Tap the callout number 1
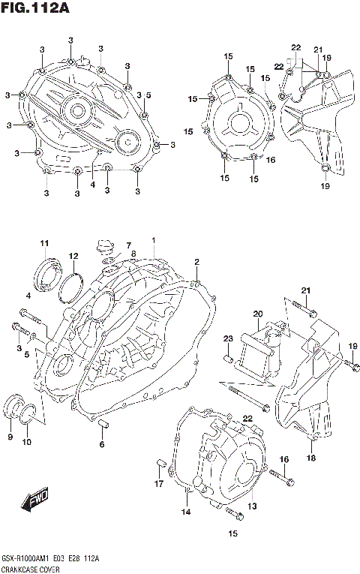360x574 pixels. [x=154, y=240]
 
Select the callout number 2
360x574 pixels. [x=196, y=262]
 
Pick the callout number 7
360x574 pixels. [x=128, y=245]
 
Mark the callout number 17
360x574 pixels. [x=158, y=483]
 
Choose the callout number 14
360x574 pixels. [x=185, y=512]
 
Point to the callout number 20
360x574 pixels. [x=257, y=314]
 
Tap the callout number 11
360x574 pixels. [x=45, y=242]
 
